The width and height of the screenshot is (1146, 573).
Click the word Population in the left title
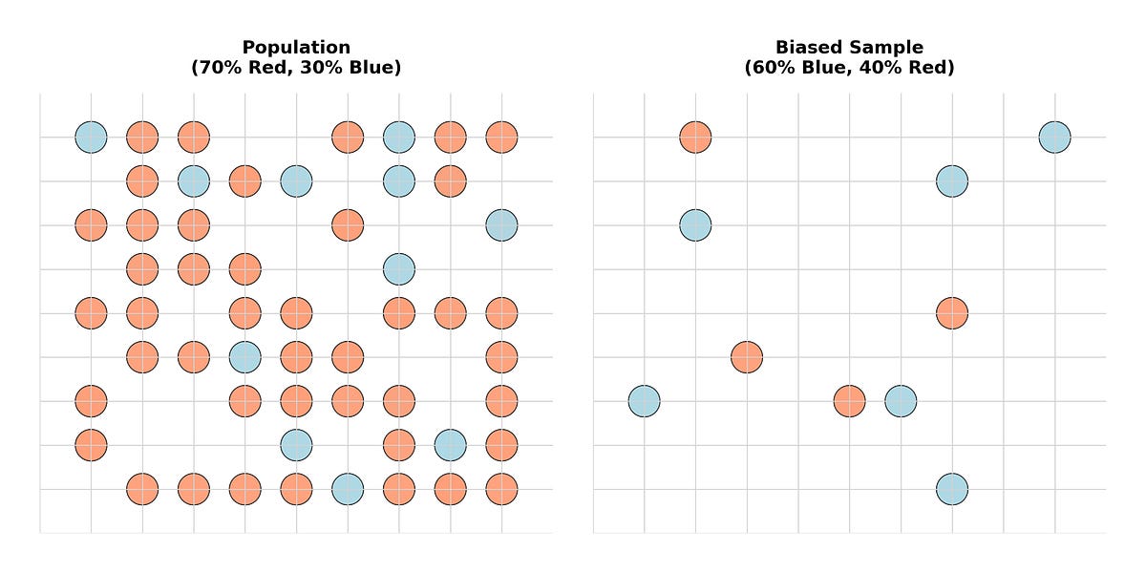click(x=296, y=47)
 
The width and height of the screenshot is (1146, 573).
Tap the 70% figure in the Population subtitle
click(x=210, y=68)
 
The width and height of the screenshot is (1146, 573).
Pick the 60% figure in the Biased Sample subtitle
click(x=769, y=68)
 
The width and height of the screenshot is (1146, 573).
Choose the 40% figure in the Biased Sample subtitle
click(x=880, y=68)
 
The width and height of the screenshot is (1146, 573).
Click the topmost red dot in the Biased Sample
click(x=695, y=138)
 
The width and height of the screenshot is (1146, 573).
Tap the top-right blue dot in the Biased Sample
click(x=1054, y=138)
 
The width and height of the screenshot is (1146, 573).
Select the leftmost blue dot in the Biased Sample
click(x=644, y=401)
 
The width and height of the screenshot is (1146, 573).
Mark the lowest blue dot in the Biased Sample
click(x=952, y=489)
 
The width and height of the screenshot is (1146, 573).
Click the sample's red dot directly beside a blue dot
click(x=849, y=401)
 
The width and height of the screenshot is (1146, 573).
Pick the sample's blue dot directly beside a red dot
click(x=901, y=401)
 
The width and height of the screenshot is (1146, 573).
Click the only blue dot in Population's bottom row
click(x=348, y=489)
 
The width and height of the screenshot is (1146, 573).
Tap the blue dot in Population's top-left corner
click(x=91, y=138)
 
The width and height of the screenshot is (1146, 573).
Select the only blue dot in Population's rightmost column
click(x=501, y=225)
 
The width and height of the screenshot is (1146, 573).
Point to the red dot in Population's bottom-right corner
click(x=501, y=489)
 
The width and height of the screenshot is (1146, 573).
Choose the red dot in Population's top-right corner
click(x=501, y=138)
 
